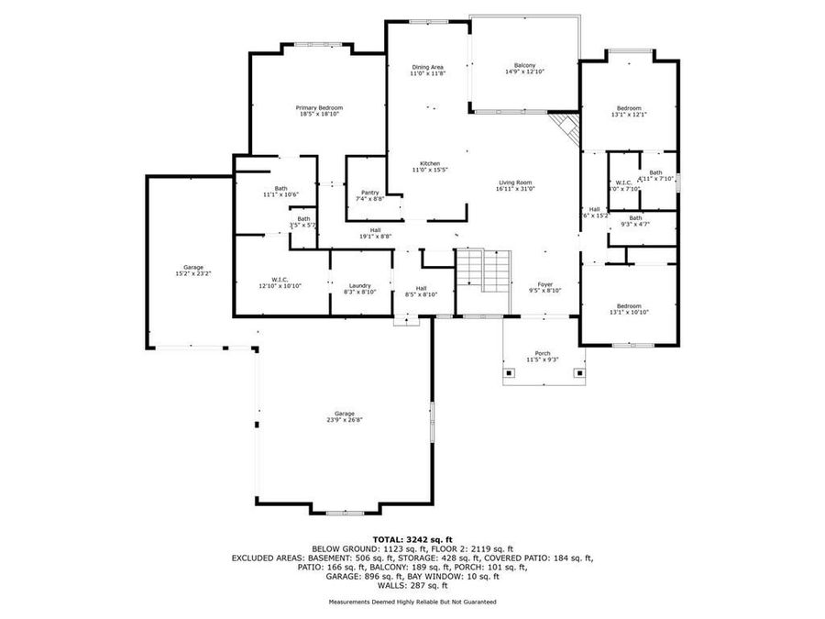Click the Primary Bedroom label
point(319,107)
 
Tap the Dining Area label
point(427,67)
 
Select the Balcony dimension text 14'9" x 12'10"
point(524,72)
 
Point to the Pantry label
point(370,192)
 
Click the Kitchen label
point(428,163)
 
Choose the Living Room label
point(515,182)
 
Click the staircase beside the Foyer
point(483,270)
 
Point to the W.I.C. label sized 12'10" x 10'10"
point(280,280)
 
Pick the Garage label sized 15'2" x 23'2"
point(192,267)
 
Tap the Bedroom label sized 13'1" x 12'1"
point(629,108)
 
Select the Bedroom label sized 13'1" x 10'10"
point(629,306)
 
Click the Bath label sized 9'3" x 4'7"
point(634,217)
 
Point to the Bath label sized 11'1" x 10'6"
point(280,188)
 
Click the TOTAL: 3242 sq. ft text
point(412,539)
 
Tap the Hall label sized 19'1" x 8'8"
point(375,230)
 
